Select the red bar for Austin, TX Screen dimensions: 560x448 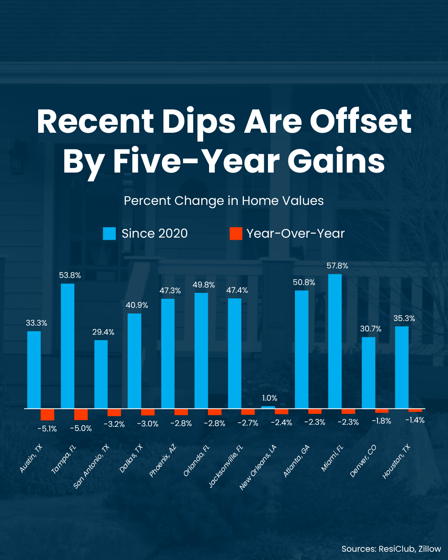coord(47,414)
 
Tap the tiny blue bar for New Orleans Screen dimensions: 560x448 coord(268,407)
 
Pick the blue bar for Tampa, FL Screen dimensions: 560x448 coord(68,346)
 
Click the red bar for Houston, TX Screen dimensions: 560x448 coord(415,410)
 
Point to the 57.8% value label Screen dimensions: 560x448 coord(337,266)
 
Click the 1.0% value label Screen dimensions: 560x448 coord(270,398)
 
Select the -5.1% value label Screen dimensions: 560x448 coord(47,429)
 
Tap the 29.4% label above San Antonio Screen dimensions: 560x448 coord(103,332)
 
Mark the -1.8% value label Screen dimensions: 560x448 coord(381,421)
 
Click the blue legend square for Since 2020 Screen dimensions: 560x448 coord(110,234)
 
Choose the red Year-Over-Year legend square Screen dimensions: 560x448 coord(236,234)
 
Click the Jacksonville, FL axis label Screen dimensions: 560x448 coord(226,466)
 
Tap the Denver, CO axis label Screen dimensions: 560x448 coord(363,461)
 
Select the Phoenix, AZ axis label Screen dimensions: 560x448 coord(163,460)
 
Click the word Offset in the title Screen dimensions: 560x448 coord(360,122)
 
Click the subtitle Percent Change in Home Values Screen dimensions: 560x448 coord(224,201)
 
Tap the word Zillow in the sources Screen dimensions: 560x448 coord(429,549)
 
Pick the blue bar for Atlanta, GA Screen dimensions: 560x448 coord(302,349)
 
